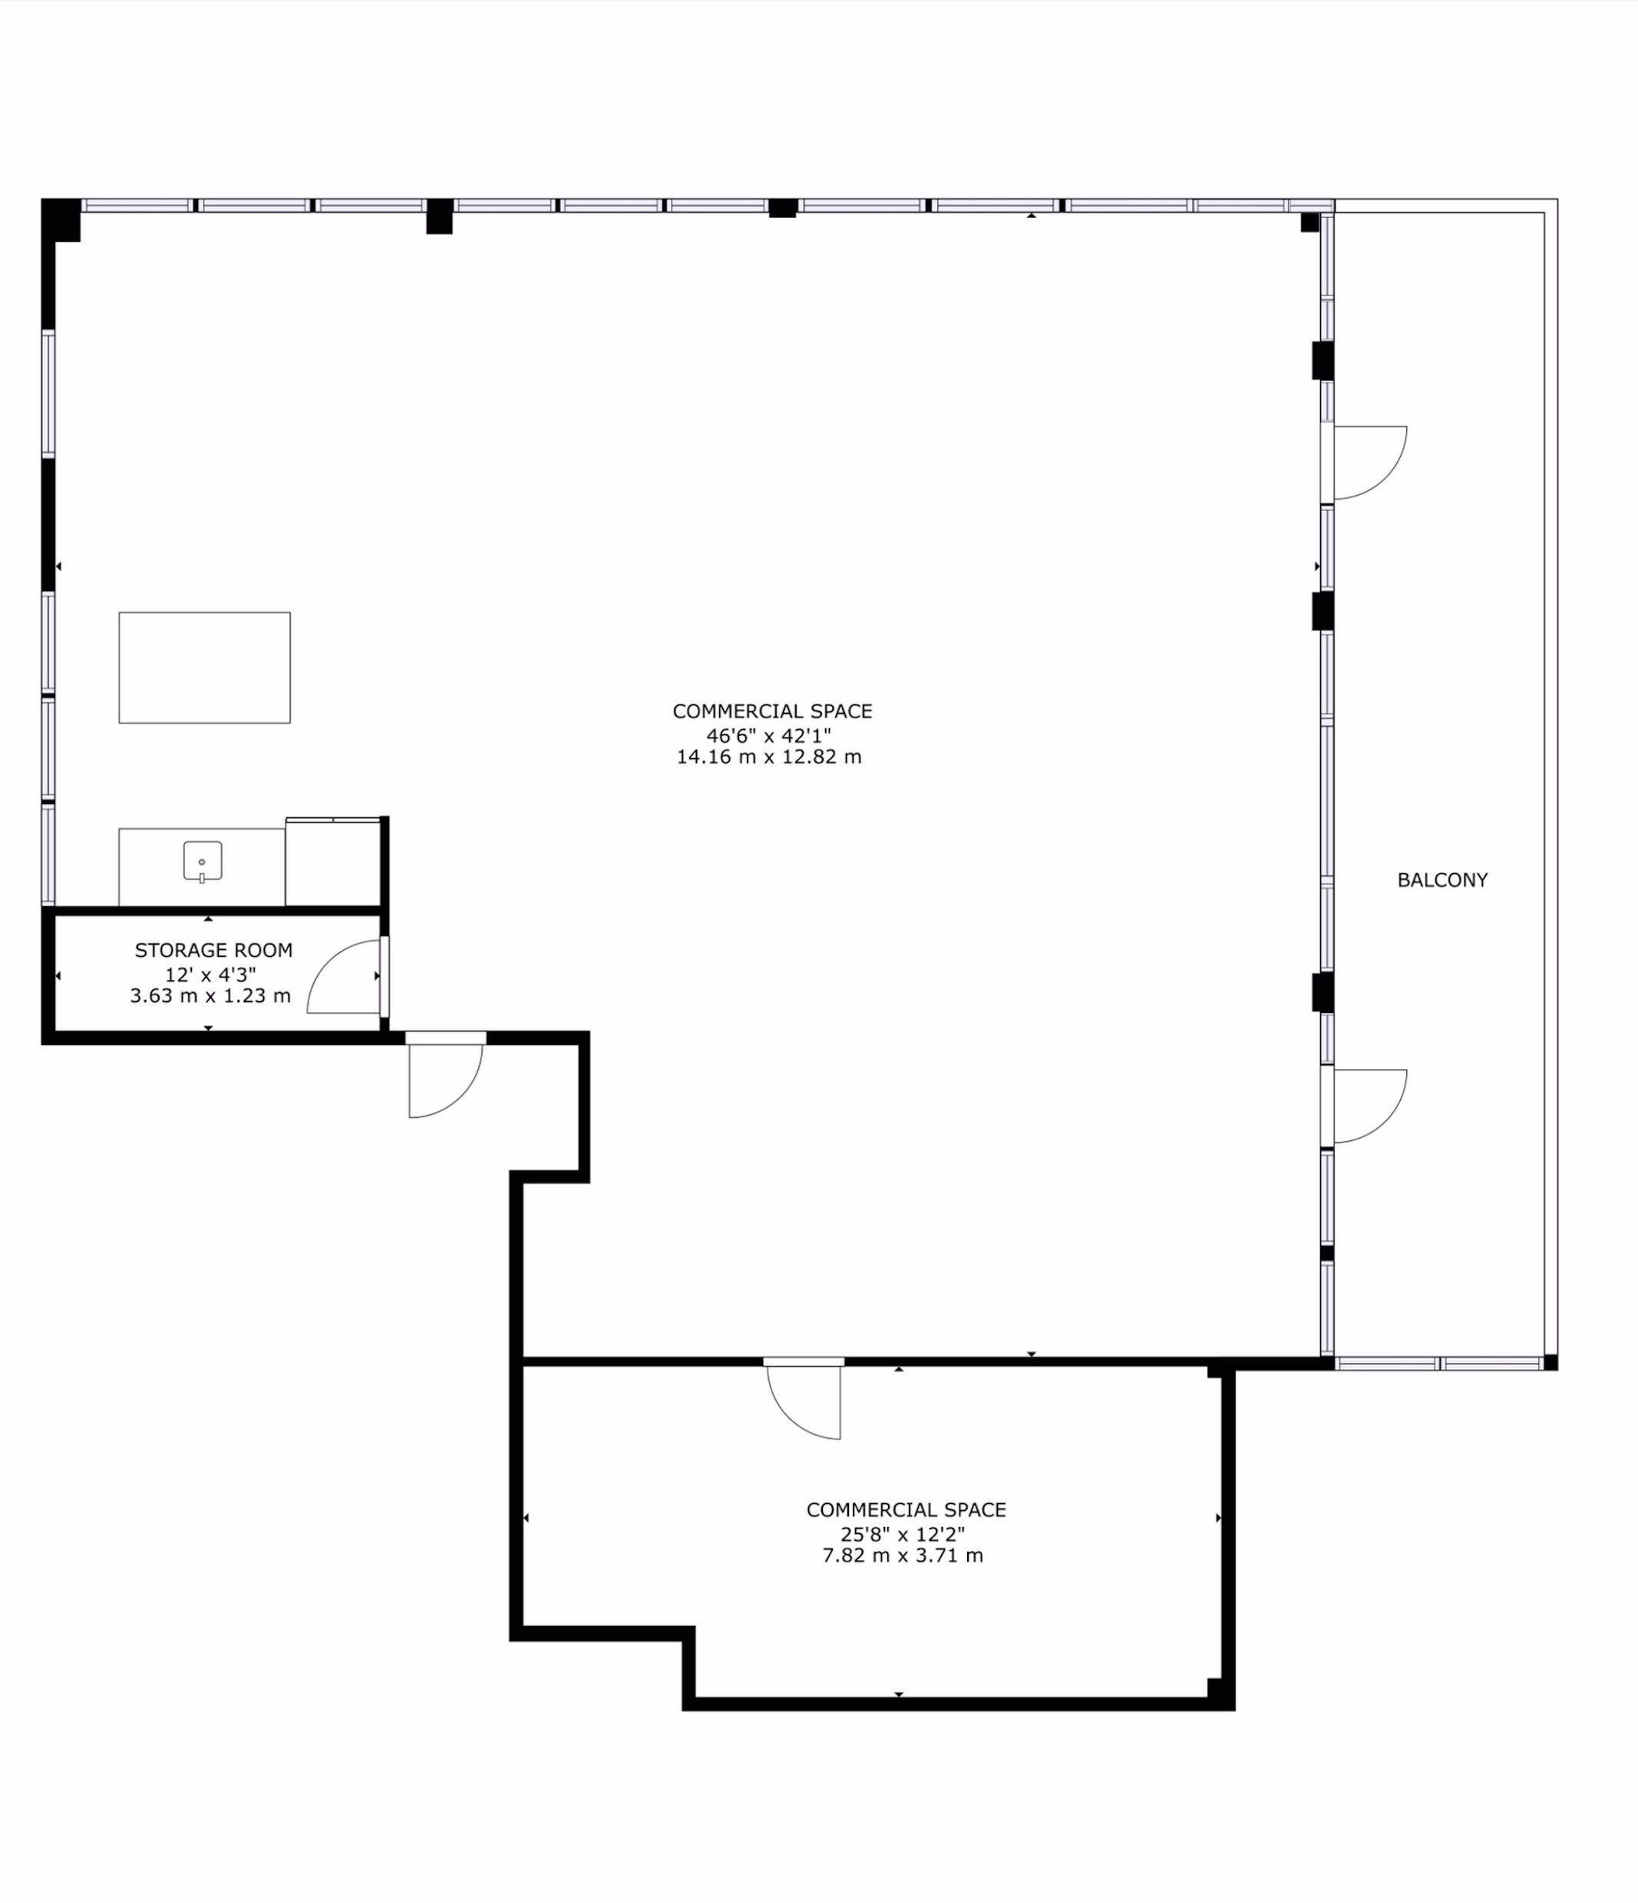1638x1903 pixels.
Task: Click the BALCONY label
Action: click(1442, 880)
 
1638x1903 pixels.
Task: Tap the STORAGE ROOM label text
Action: click(214, 951)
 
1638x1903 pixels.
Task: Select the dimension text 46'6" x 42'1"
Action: click(769, 735)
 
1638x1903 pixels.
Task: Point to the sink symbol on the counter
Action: click(202, 862)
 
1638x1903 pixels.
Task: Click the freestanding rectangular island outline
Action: click(205, 668)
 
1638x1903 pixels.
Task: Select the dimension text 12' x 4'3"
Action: click(210, 975)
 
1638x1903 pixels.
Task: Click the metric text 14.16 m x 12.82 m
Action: click(769, 757)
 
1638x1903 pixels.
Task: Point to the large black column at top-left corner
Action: click(61, 220)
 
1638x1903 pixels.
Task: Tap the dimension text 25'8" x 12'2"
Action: click(903, 1533)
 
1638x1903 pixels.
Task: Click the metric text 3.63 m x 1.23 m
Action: click(210, 995)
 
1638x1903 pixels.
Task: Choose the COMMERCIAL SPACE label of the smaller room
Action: click(907, 1510)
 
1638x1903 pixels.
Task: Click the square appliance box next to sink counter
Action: click(332, 862)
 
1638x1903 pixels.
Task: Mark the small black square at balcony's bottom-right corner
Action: click(1550, 1362)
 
